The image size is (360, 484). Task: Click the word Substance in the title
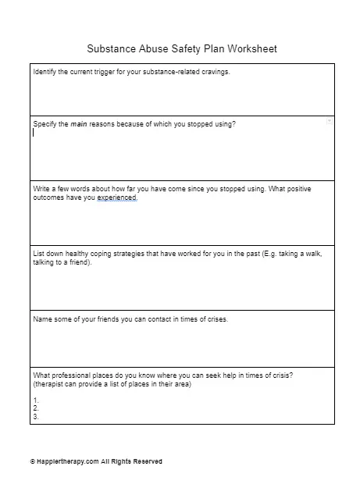[109, 48]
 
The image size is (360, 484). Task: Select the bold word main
[81, 124]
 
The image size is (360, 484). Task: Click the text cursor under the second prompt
[34, 133]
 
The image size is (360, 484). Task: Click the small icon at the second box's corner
[330, 122]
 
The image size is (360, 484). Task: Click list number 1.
[35, 400]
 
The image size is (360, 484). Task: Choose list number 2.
[35, 408]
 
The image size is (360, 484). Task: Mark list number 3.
[35, 416]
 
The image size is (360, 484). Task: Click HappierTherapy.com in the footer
[65, 461]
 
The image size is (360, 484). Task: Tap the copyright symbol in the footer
[33, 461]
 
